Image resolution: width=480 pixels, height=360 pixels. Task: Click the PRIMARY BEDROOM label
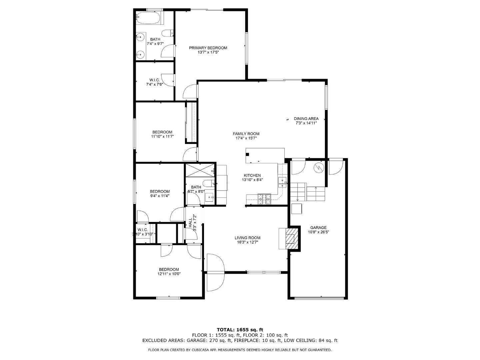(208, 48)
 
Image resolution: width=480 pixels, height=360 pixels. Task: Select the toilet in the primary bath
(167, 33)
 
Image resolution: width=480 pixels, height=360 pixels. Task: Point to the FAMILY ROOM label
(246, 134)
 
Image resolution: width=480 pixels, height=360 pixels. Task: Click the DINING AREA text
(306, 118)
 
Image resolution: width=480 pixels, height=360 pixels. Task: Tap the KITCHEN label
(252, 175)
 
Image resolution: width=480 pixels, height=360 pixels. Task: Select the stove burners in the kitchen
(264, 199)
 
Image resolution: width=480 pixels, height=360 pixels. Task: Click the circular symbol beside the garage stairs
(319, 167)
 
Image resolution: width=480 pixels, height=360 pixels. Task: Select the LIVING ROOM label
(247, 238)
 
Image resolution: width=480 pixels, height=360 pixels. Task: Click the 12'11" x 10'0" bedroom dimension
(169, 274)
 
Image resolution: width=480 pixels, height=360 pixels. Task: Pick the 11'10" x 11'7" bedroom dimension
(162, 136)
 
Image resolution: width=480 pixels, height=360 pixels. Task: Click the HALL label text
(190, 223)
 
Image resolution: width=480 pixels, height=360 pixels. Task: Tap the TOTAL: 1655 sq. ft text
(240, 330)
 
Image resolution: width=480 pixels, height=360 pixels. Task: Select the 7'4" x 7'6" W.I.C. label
(154, 85)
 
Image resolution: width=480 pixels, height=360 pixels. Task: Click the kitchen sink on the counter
(282, 181)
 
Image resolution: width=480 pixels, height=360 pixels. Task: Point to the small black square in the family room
(247, 154)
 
